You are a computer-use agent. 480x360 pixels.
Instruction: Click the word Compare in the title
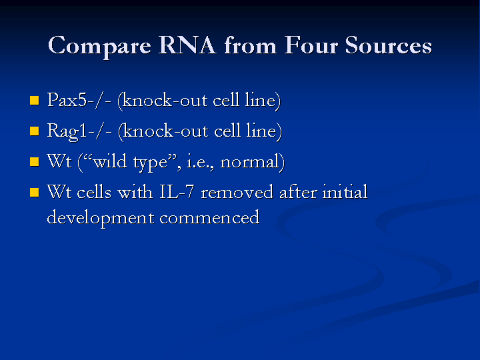(x=99, y=47)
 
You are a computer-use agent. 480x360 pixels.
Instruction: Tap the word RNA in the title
(x=187, y=45)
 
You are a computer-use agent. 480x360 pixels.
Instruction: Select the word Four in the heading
(x=311, y=45)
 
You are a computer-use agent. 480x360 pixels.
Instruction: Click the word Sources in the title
(x=389, y=45)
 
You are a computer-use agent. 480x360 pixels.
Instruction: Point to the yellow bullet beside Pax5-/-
(x=35, y=101)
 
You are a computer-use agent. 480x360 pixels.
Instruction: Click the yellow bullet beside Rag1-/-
(x=35, y=131)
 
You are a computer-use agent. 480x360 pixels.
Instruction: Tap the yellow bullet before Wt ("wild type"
(x=35, y=161)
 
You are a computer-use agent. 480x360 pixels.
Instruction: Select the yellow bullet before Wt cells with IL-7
(x=35, y=193)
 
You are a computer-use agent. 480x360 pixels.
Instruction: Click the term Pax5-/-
(x=79, y=100)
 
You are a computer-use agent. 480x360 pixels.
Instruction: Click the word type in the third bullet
(x=151, y=162)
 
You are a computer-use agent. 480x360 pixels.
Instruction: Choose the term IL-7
(x=177, y=192)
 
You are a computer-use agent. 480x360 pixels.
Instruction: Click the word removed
(x=237, y=192)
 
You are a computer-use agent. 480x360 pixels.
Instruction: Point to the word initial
(x=345, y=191)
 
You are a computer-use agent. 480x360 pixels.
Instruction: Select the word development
(x=101, y=218)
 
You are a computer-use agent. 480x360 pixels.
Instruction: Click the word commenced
(x=210, y=217)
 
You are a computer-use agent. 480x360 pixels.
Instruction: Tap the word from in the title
(x=251, y=45)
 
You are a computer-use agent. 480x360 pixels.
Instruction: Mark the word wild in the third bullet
(x=110, y=161)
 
